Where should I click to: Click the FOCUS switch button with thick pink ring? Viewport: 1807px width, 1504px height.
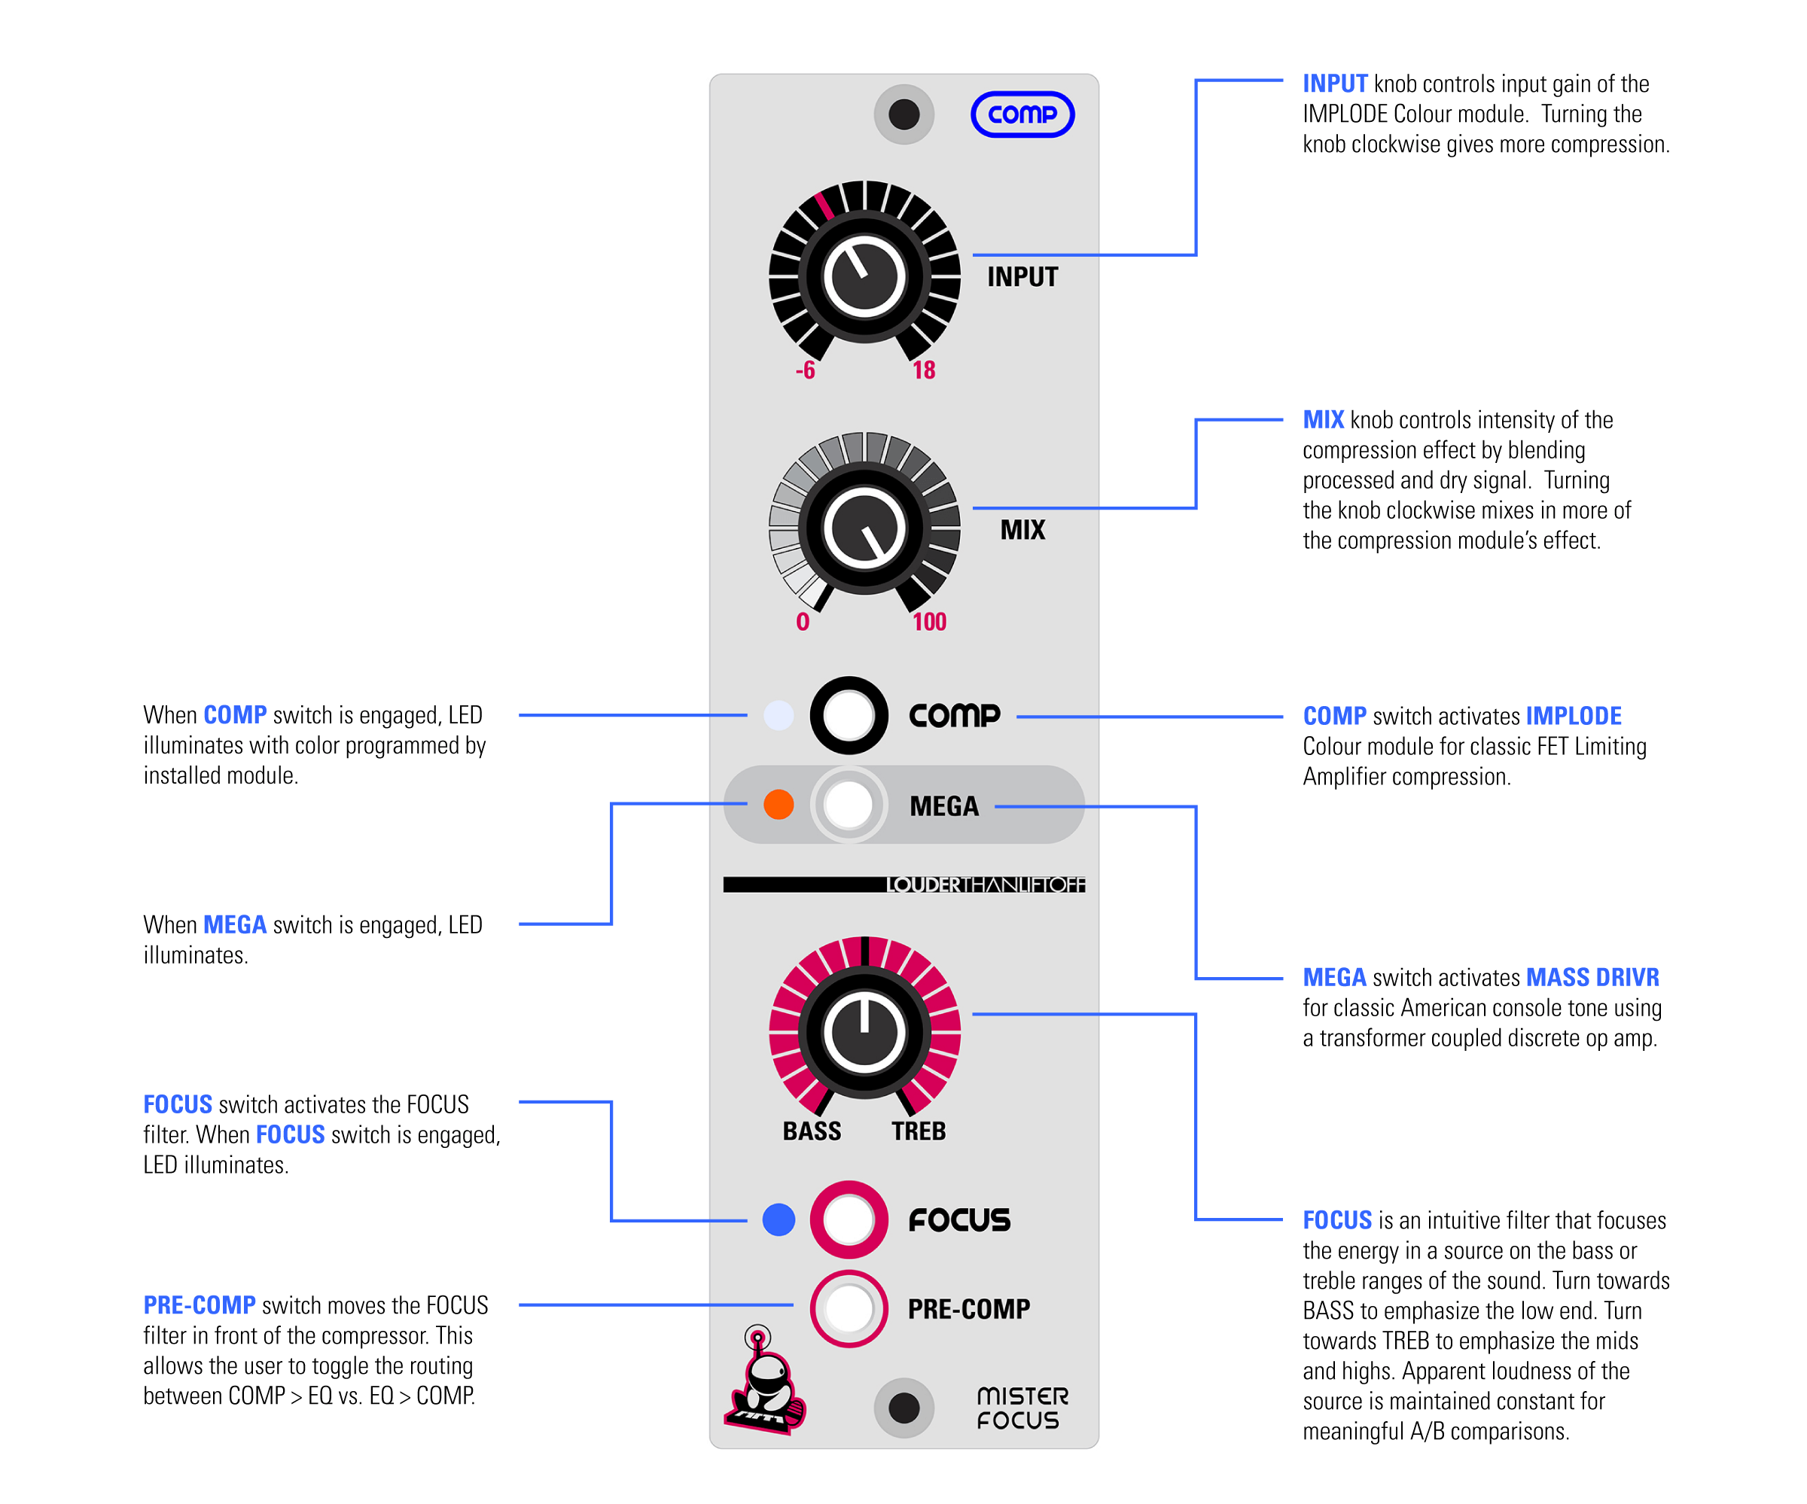(x=849, y=1219)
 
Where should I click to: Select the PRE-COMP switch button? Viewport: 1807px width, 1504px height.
(x=849, y=1308)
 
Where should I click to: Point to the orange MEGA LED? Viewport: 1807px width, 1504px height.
(x=779, y=805)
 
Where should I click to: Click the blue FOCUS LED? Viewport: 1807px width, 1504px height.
(x=779, y=1219)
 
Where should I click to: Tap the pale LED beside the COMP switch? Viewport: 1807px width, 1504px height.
(x=779, y=716)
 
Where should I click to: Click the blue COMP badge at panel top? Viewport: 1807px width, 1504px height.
(x=1022, y=114)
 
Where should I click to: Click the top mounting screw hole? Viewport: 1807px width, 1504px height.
(x=903, y=114)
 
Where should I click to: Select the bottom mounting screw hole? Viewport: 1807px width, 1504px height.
(x=903, y=1408)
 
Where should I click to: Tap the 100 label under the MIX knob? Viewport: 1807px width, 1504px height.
(x=929, y=622)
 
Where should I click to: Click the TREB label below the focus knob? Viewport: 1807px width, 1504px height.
(x=918, y=1131)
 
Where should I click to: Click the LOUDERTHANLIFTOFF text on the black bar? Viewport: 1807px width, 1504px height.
(x=986, y=884)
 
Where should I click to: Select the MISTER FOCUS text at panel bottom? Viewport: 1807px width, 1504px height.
(x=1022, y=1408)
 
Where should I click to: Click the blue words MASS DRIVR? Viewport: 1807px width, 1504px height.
(x=1592, y=977)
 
